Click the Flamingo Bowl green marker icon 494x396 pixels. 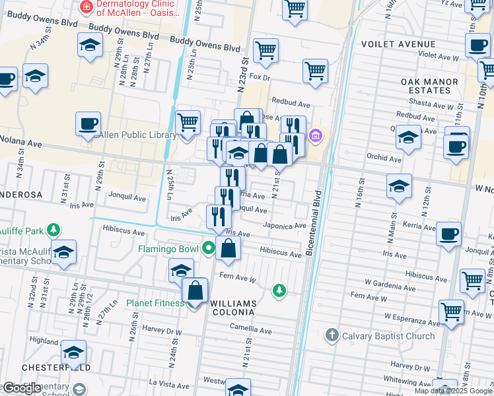point(209,249)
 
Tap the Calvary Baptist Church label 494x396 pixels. point(388,336)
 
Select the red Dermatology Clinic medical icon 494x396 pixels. point(85,7)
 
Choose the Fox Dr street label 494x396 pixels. point(258,78)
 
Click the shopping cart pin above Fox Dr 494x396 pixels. point(265,49)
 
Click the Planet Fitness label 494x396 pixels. point(157,304)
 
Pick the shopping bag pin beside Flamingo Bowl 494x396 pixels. point(229,249)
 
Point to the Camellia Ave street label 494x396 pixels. point(250,329)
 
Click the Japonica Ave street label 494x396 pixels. point(285,225)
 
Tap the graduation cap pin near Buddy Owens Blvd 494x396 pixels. point(90,46)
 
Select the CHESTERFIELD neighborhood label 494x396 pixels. point(46,367)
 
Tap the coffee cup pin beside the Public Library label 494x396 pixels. point(87,123)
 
